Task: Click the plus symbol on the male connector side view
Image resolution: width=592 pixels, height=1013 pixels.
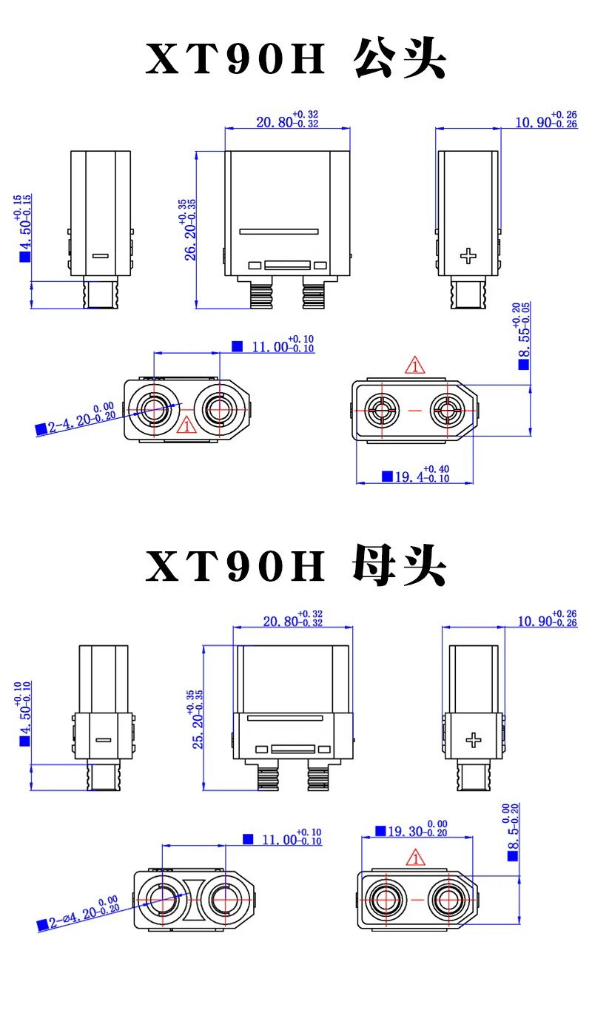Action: [x=468, y=256]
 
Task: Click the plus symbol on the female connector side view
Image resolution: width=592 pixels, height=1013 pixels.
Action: [x=474, y=740]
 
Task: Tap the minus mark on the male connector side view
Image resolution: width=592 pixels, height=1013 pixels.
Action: [x=101, y=256]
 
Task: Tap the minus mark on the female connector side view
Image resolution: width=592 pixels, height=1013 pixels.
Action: [x=104, y=740]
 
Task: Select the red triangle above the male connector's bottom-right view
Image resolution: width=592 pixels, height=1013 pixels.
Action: [x=414, y=366]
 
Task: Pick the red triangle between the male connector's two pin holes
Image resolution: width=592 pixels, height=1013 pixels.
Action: [x=186, y=425]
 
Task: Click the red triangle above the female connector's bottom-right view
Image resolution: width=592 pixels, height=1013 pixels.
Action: [x=415, y=858]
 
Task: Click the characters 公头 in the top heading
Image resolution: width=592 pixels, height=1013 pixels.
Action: [x=400, y=58]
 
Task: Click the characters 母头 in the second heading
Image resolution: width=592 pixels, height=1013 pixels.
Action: [x=400, y=565]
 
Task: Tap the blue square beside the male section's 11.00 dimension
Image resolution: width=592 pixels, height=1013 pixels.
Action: [x=237, y=346]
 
